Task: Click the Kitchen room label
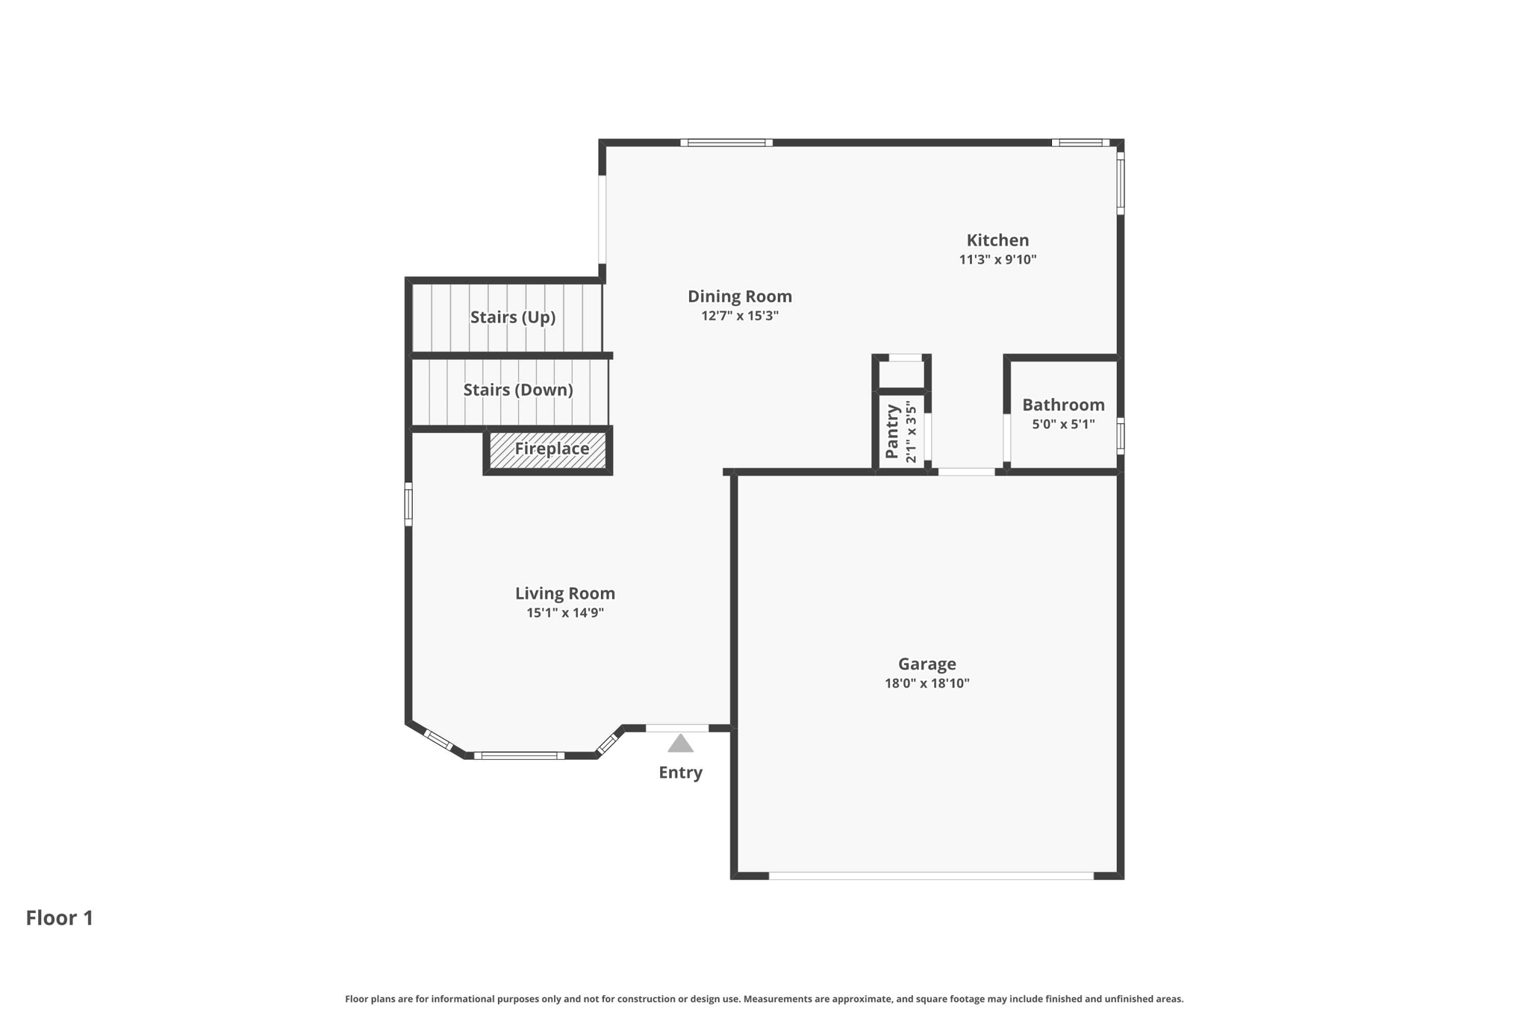point(997,240)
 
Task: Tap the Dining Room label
point(740,296)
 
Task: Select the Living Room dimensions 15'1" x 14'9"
point(565,613)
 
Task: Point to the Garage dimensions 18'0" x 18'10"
point(927,683)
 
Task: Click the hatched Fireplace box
point(548,450)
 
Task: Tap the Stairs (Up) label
point(513,317)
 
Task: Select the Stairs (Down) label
point(518,390)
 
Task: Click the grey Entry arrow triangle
point(680,744)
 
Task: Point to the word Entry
point(680,773)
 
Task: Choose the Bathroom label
point(1063,405)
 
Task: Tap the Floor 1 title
point(60,918)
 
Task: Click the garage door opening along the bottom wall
point(931,876)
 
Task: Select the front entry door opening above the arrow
point(677,728)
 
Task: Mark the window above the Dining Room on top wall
point(726,143)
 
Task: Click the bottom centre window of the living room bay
point(520,755)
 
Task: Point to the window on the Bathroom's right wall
point(1121,436)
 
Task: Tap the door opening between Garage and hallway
point(967,472)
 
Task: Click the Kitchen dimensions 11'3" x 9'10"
point(997,260)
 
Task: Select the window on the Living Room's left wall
point(408,504)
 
